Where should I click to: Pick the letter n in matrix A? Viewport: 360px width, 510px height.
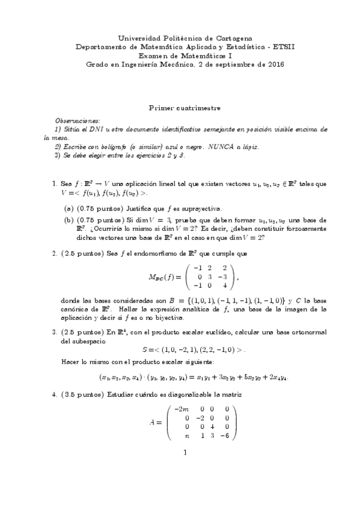click(x=188, y=435)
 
